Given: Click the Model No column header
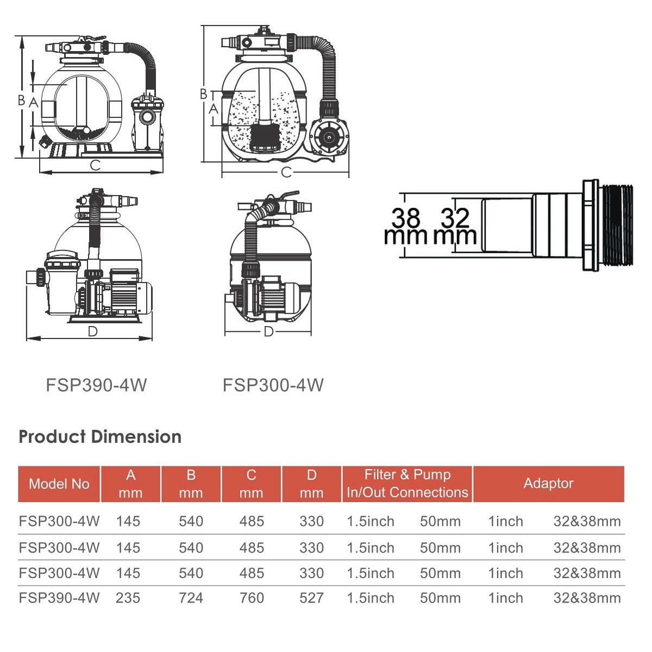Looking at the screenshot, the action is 59,484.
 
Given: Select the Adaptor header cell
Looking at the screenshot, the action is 548,484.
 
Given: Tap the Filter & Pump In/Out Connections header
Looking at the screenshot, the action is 407,484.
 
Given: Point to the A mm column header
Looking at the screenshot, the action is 130,484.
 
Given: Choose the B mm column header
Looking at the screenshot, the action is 191,484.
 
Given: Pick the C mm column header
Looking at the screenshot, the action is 252,484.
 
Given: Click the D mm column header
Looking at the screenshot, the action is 312,484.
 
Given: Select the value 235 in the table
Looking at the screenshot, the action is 128,598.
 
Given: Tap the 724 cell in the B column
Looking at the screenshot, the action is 191,598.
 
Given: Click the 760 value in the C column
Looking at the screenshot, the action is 252,598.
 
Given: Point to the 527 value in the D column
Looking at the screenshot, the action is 312,598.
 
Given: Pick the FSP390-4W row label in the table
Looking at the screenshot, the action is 59,598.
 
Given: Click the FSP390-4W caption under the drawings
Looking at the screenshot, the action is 96,385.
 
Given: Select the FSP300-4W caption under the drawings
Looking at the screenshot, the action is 273,385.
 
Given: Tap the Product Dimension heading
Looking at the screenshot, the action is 100,437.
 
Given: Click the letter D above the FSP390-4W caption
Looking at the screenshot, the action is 93,331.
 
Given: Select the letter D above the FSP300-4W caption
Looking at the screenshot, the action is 268,331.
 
